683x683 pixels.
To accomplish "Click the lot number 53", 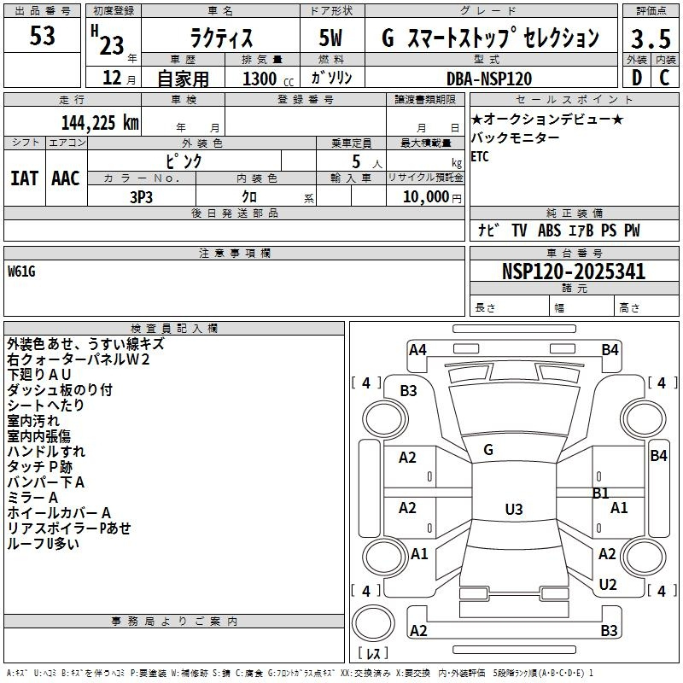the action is (42, 36).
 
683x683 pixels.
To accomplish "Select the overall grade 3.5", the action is (651, 38).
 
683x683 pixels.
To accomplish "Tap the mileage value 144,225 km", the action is (100, 123).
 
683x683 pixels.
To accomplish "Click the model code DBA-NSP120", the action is (489, 79).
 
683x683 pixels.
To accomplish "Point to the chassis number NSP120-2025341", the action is (574, 271).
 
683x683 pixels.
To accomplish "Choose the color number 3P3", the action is (142, 197).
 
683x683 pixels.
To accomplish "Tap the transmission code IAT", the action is (25, 178).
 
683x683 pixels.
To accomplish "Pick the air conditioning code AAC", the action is (66, 178).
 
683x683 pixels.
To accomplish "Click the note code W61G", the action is (21, 271).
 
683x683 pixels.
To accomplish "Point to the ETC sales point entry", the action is (480, 156).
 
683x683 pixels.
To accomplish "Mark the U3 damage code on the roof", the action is (514, 509).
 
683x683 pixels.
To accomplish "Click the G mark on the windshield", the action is (488, 450).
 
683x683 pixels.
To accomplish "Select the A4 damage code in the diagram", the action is (417, 350).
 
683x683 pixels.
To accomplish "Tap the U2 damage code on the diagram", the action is (608, 584).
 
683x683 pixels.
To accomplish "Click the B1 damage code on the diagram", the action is (601, 493).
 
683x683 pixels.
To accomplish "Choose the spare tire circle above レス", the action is (373, 622).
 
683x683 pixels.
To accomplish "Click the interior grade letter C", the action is (665, 78).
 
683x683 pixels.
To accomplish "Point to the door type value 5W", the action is (331, 38).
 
